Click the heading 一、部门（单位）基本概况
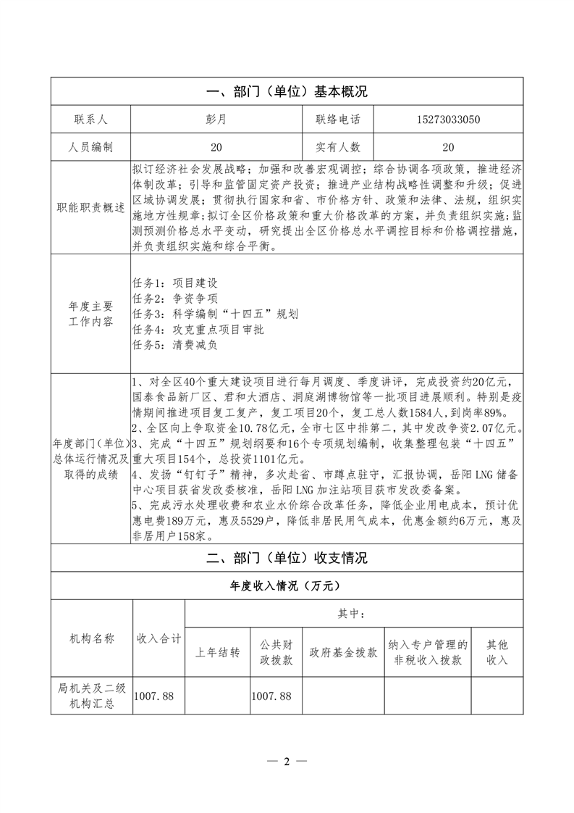pyautogui.click(x=287, y=92)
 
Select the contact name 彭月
pyautogui.click(x=216, y=120)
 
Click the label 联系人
pyautogui.click(x=90, y=120)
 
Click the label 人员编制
pyautogui.click(x=90, y=147)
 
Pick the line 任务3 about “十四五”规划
pyautogui.click(x=216, y=314)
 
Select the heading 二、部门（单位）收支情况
pyautogui.click(x=287, y=558)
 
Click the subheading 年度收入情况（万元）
pyautogui.click(x=287, y=585)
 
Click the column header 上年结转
pyautogui.click(x=217, y=652)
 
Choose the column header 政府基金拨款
pyautogui.click(x=343, y=652)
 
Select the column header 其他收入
pyautogui.click(x=497, y=652)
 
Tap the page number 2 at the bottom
pyautogui.click(x=287, y=762)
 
